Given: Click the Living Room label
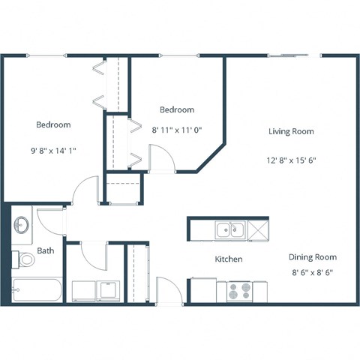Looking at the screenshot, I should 291,131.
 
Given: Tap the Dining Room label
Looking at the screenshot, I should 311,256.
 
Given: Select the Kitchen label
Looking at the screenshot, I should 229,259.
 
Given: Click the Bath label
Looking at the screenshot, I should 45,250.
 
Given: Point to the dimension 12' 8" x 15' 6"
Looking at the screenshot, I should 291,160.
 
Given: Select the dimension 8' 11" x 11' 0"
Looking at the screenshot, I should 178,130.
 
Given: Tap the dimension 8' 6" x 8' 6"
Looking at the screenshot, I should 311,273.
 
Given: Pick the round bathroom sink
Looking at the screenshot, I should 22,224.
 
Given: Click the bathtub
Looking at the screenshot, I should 37,289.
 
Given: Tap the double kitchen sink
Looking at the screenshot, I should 230,229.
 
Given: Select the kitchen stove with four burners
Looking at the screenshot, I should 240,289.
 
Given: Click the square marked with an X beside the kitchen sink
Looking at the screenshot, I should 258,229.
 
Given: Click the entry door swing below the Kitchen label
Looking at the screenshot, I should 168,289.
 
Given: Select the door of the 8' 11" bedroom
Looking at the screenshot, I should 162,159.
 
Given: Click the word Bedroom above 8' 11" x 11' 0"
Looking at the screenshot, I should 178,109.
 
